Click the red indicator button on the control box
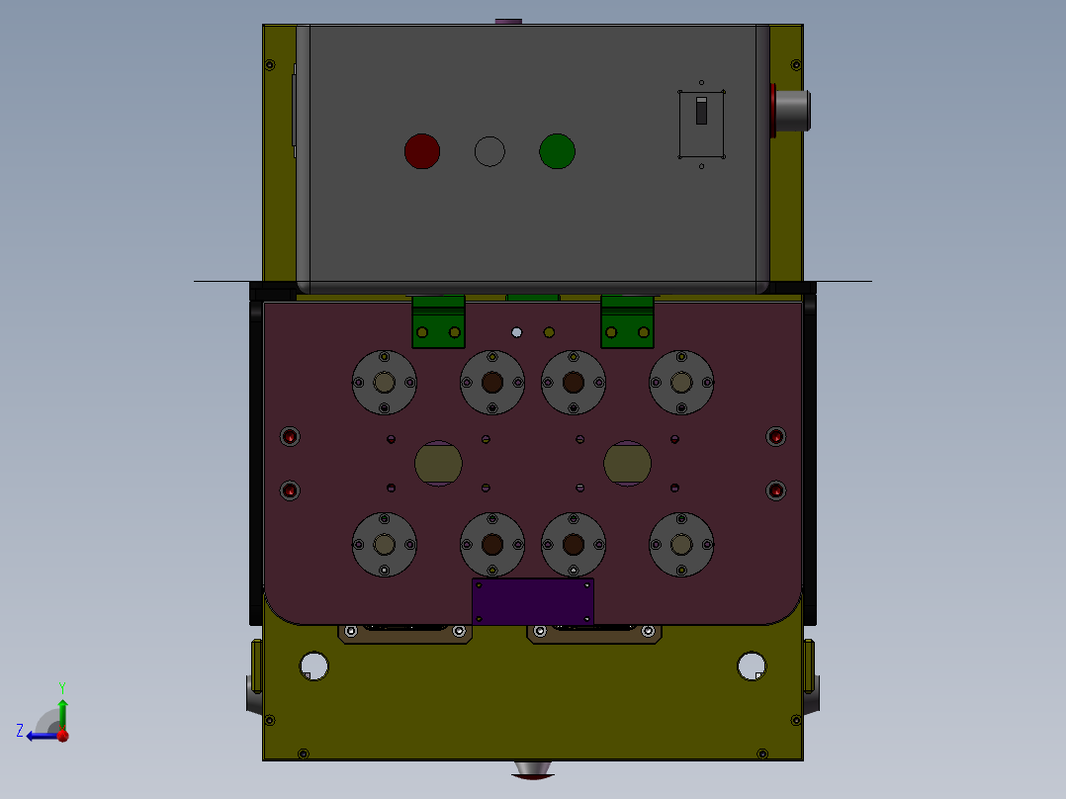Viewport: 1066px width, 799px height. pos(422,151)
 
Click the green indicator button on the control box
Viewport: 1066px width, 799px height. pos(557,151)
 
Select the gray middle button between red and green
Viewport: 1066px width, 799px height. pos(489,151)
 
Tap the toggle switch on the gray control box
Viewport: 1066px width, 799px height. pos(702,110)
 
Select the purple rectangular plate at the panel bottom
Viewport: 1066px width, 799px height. pos(533,601)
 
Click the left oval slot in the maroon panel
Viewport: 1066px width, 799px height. pos(438,463)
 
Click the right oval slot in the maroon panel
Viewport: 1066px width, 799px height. pos(628,463)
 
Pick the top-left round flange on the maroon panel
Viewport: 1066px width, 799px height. pos(385,383)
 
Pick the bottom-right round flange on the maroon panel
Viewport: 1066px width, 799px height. pos(681,544)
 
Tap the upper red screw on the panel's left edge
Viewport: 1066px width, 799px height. pos(290,436)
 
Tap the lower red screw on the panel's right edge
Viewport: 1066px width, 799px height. pos(776,490)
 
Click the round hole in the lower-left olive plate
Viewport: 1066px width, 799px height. pos(313,666)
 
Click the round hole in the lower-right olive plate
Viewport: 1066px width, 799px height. pos(752,666)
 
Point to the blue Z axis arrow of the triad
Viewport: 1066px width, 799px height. pos(40,736)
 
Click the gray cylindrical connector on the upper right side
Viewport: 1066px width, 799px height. pos(794,111)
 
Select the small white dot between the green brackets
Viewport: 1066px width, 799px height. pos(516,332)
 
